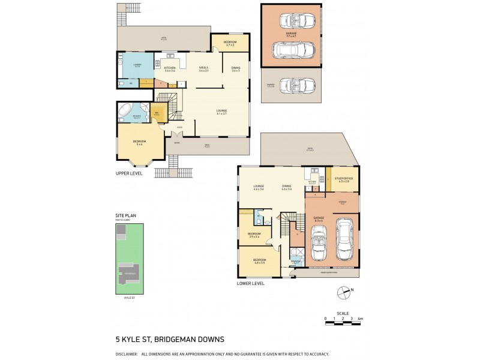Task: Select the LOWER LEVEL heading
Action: (250, 283)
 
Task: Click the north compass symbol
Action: (343, 293)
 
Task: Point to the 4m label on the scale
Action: (360, 318)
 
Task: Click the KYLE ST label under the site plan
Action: (130, 297)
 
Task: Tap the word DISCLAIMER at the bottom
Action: (127, 354)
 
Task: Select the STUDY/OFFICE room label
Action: (343, 178)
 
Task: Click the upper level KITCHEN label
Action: (170, 68)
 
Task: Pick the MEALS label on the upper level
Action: (203, 68)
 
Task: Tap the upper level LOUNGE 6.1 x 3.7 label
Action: (221, 111)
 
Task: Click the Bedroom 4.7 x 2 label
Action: (230, 42)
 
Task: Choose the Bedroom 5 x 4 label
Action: (140, 142)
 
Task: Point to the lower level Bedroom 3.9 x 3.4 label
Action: (254, 234)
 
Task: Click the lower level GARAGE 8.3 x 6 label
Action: (318, 218)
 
